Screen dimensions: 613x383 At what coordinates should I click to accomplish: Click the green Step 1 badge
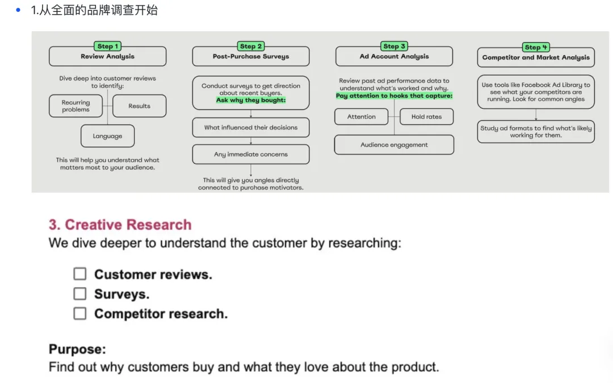click(107, 46)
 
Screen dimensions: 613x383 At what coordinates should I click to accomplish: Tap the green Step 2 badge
click(251, 46)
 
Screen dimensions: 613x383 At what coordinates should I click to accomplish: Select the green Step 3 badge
click(394, 46)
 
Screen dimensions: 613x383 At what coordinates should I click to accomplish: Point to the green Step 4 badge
click(536, 47)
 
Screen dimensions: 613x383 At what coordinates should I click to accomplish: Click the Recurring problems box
click(75, 106)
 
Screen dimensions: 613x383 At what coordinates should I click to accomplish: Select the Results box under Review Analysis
click(139, 106)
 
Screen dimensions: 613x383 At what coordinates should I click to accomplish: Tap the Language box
click(107, 136)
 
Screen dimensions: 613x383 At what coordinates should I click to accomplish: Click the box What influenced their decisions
click(251, 128)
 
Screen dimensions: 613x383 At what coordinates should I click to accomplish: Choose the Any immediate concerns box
click(251, 154)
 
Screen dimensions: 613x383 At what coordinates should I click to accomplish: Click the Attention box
click(361, 116)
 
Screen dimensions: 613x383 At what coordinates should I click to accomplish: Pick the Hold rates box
click(426, 116)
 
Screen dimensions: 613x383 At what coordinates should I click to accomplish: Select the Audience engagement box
click(394, 145)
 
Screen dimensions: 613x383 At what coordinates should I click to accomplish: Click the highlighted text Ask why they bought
click(251, 100)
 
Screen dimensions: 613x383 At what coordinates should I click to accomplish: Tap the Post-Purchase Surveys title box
click(251, 56)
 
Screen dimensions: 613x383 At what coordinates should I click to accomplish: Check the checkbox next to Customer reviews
click(80, 274)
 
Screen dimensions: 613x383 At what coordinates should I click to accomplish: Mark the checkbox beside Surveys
click(80, 293)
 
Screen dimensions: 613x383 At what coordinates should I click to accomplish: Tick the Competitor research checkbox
click(80, 313)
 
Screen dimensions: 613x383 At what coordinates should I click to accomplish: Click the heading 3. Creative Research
click(120, 225)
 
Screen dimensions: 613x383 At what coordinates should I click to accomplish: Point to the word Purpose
click(77, 349)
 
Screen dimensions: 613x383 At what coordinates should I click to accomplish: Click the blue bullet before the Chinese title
click(18, 10)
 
